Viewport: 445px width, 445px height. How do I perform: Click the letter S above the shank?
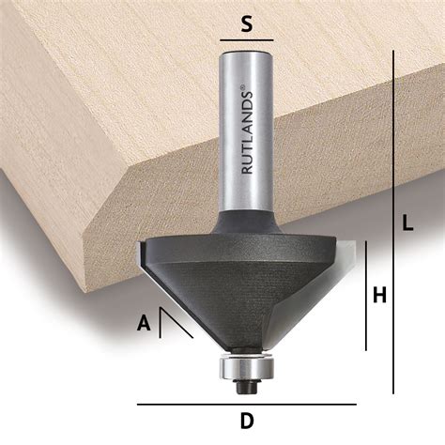[246, 24]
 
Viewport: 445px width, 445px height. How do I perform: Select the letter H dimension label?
[379, 295]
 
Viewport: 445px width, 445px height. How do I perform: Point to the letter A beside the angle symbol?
[144, 324]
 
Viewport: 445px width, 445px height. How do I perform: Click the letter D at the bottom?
[246, 422]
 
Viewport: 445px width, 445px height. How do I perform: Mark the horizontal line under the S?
[246, 41]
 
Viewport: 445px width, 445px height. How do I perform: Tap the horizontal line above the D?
[246, 405]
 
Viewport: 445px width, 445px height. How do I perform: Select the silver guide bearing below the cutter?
[246, 366]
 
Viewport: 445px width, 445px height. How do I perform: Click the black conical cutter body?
[246, 291]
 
